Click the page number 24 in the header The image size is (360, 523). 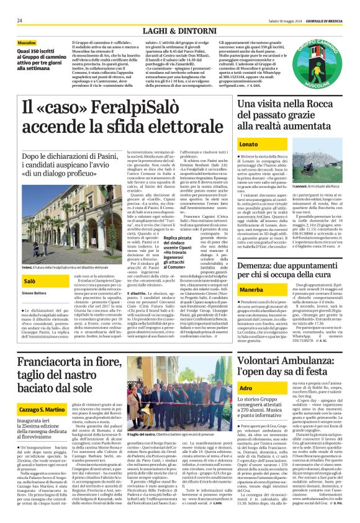pos(20,4)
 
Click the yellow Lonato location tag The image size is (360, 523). pos(249,144)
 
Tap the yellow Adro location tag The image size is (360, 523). pos(246,387)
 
